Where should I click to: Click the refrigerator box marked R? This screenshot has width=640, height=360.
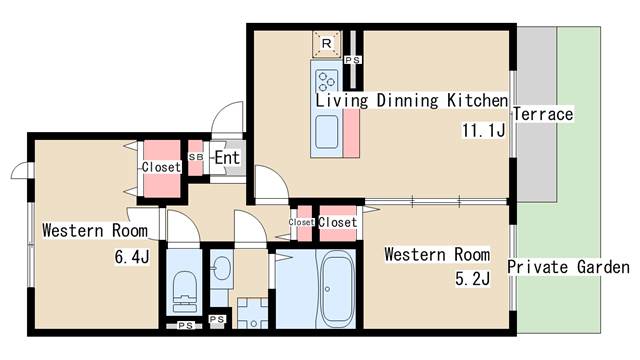326,44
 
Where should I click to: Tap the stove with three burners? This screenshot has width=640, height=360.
327,81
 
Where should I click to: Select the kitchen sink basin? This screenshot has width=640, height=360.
327,132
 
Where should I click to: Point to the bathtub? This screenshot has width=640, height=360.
337,288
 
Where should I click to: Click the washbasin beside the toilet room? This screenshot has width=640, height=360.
222,268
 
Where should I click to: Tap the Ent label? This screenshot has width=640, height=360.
227,158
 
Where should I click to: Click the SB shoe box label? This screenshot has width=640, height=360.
196,157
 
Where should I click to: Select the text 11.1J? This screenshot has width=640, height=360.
483,131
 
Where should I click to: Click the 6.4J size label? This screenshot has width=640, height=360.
132,257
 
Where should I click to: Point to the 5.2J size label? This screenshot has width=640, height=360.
472,279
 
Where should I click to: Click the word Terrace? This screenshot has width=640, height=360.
543,114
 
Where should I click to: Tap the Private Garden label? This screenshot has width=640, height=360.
568,267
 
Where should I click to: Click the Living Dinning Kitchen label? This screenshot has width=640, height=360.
412,100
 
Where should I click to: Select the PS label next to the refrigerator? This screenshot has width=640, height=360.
353,60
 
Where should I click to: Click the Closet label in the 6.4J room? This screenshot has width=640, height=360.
161,167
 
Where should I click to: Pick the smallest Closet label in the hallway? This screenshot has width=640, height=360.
301,222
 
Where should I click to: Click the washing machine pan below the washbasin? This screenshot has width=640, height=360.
253,313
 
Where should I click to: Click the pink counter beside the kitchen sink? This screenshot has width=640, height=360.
351,133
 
